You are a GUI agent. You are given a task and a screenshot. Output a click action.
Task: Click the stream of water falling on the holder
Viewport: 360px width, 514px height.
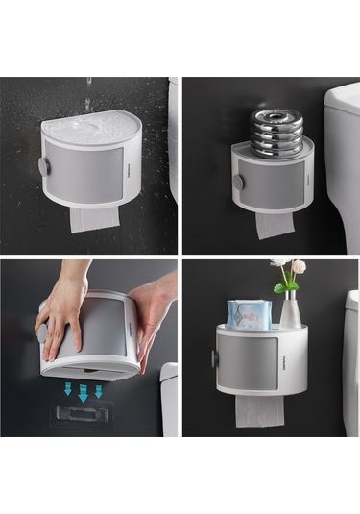coord(89,96)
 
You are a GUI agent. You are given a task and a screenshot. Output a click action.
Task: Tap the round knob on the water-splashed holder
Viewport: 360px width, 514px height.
coord(44,165)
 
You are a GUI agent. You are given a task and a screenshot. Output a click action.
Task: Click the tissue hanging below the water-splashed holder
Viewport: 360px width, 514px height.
coord(94,217)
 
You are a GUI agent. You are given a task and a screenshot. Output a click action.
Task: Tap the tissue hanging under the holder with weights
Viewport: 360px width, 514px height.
coord(276,225)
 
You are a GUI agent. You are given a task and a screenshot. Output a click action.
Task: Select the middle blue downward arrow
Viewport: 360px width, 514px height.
coord(83,391)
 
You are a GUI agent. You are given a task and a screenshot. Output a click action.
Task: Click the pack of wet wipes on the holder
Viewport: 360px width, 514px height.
coord(248,314)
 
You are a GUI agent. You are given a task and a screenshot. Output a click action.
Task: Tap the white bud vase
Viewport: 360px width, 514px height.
coord(289,310)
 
